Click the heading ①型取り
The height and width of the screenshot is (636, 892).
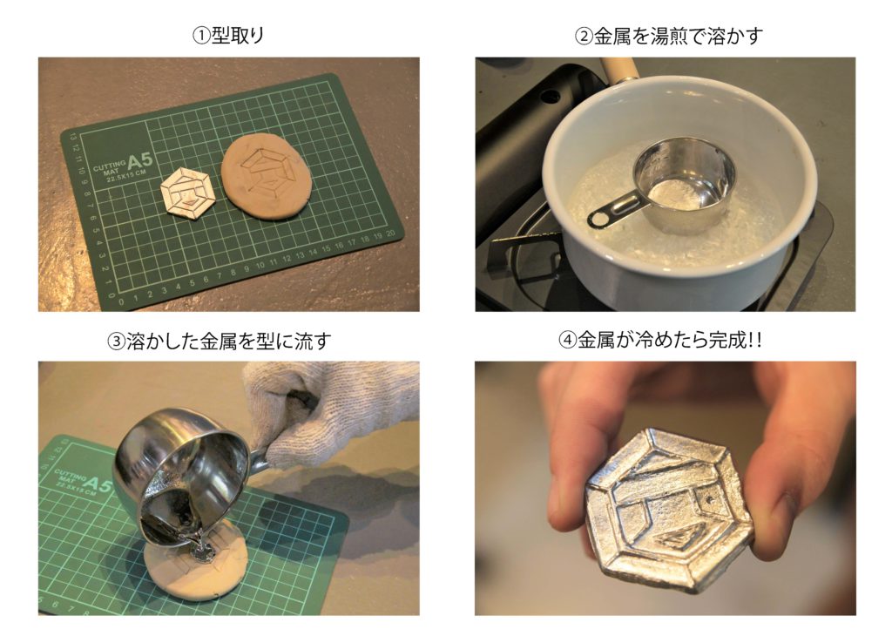tap(229, 36)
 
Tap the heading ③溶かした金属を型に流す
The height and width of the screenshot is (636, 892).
tap(219, 342)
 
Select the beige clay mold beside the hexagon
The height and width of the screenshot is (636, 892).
tap(267, 176)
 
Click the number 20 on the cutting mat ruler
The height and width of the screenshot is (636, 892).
tap(390, 233)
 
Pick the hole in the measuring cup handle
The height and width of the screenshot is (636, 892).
tap(598, 218)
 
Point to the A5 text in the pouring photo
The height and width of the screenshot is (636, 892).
tap(98, 484)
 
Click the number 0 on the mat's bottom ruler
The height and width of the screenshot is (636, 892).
tap(121, 301)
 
